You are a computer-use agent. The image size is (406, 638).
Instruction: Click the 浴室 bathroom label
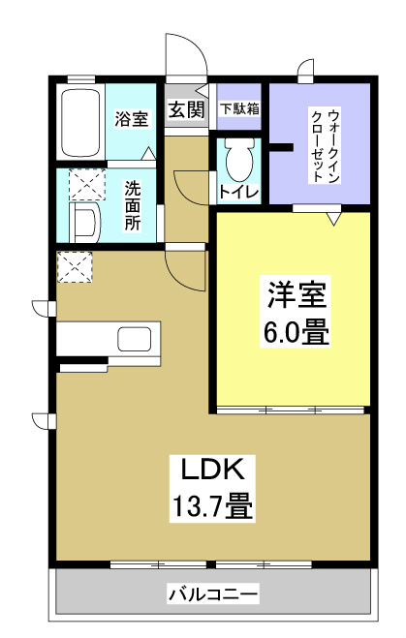pos(132,120)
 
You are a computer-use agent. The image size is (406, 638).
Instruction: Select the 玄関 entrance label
pos(186,109)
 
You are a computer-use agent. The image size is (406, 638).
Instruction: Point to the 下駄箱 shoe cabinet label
pos(238,109)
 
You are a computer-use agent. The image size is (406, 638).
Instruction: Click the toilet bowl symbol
pos(237,158)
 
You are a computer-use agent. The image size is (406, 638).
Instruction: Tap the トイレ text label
pos(238,192)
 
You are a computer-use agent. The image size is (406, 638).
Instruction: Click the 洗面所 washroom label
pos(133,201)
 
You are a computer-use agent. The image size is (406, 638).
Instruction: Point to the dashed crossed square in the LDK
pos(75,267)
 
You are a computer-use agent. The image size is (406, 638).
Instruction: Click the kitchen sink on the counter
pos(134,340)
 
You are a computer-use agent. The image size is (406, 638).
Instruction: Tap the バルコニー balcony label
pos(213,592)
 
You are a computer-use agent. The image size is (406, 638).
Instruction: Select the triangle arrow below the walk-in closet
pos(332,220)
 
